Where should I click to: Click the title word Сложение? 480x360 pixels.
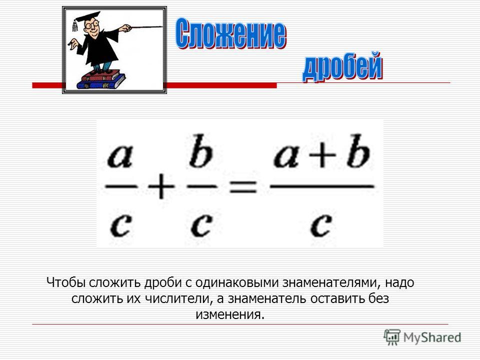(x=231, y=33)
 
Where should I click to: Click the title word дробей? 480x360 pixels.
(x=342, y=66)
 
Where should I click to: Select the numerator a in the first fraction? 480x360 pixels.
(x=120, y=156)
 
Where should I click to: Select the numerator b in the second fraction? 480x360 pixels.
(x=201, y=151)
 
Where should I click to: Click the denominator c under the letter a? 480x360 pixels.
(x=121, y=225)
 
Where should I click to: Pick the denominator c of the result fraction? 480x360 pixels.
(x=321, y=225)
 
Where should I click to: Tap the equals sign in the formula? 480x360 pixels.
(x=243, y=186)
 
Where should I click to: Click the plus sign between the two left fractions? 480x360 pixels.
(x=161, y=186)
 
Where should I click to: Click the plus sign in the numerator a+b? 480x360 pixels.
(x=322, y=154)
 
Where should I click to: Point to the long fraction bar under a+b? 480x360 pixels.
(x=322, y=186)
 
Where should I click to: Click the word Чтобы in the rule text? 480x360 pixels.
(x=66, y=282)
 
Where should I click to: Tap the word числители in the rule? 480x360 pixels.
(x=178, y=298)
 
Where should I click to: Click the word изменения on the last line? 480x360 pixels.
(x=230, y=314)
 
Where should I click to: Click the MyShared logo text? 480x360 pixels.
(x=432, y=337)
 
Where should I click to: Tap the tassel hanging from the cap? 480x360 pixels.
(x=75, y=25)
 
